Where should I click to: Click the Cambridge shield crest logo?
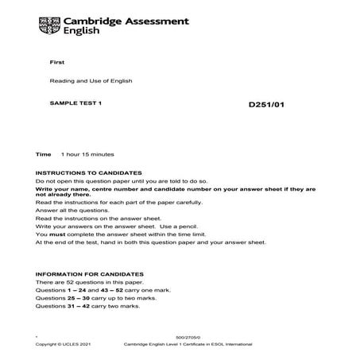coord(50,25)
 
